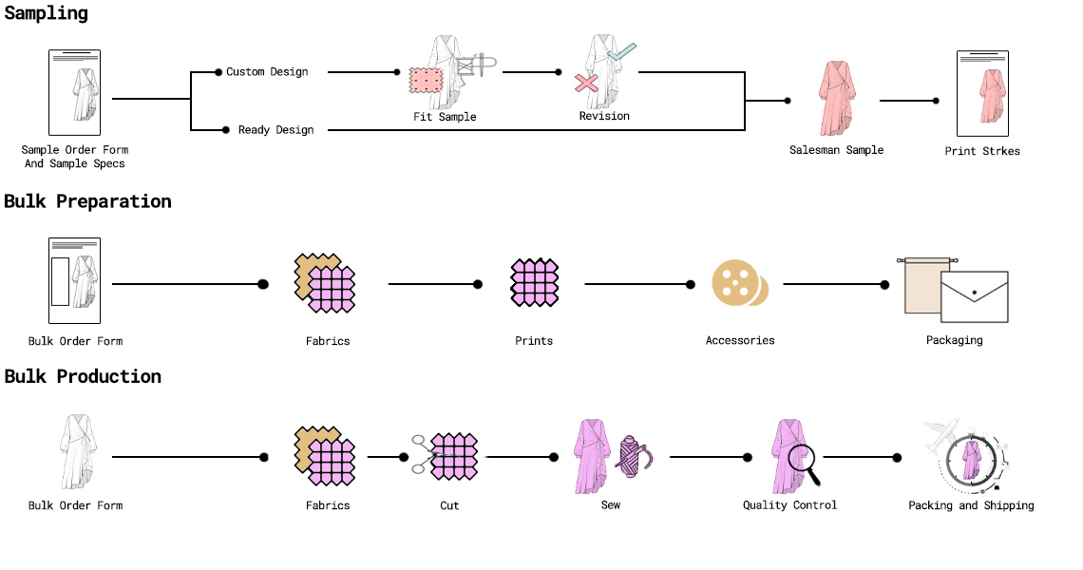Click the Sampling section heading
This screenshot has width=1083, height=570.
tap(46, 13)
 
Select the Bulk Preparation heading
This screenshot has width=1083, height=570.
tap(87, 201)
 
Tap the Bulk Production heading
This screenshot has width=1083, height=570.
tap(83, 376)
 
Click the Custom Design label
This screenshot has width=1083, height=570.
tap(267, 71)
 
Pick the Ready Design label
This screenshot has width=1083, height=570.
tap(275, 129)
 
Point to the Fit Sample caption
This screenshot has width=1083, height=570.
tap(445, 117)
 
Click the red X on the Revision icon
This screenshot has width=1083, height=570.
tap(586, 85)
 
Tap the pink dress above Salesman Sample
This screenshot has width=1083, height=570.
tap(836, 98)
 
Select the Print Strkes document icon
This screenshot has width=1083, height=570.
tap(982, 93)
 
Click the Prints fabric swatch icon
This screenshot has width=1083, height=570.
tap(534, 282)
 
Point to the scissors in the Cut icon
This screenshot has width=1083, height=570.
tap(420, 454)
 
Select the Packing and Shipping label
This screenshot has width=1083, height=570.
tap(971, 505)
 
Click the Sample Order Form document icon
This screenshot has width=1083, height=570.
tap(75, 93)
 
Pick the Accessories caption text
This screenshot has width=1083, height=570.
tap(740, 340)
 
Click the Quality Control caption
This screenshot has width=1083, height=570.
tap(789, 505)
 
